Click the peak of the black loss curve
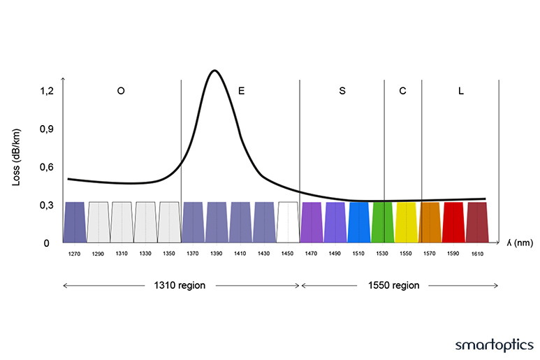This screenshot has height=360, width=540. [x=214, y=71]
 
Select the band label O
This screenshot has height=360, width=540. [x=121, y=92]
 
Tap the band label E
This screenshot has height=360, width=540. [x=241, y=92]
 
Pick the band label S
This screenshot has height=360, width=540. [x=342, y=92]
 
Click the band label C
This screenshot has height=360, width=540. [x=402, y=92]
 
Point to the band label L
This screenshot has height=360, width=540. [x=460, y=92]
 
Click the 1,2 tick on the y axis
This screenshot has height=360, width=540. [x=46, y=91]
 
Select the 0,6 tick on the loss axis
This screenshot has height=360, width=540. [x=46, y=167]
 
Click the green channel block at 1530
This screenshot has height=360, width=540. [x=382, y=222]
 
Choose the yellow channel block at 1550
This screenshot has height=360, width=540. [x=406, y=222]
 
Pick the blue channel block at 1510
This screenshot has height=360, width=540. [x=358, y=222]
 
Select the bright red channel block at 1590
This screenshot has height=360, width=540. [x=453, y=222]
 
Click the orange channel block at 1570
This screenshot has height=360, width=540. [x=430, y=222]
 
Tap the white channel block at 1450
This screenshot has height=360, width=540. [x=288, y=222]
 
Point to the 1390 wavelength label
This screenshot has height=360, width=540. [x=217, y=254]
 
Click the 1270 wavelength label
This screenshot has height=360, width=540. [x=74, y=254]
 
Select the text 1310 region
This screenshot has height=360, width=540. [x=180, y=285]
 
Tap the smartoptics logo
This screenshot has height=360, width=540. [x=494, y=345]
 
